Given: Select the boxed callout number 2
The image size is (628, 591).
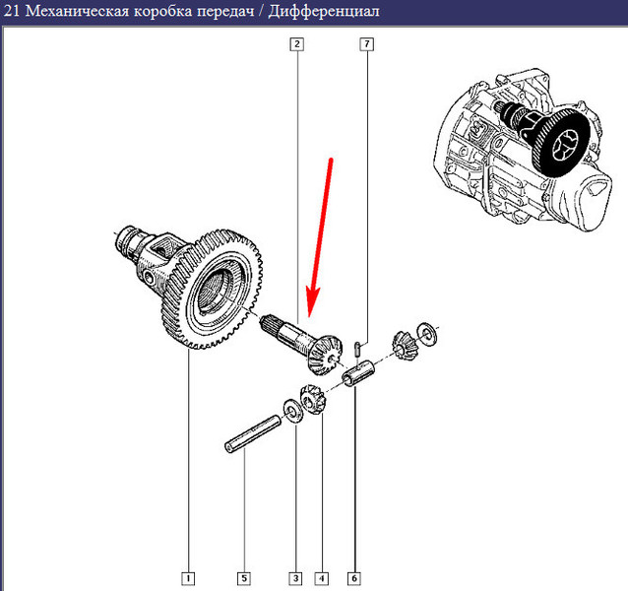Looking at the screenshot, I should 296,44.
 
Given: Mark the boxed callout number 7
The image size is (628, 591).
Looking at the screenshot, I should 366,44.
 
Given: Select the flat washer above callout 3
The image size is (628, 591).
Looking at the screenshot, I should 293,407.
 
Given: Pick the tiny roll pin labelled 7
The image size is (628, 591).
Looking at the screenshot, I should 358,346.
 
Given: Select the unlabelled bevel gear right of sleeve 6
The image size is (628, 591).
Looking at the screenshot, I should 403,347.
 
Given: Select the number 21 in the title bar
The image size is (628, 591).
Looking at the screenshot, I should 12,13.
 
